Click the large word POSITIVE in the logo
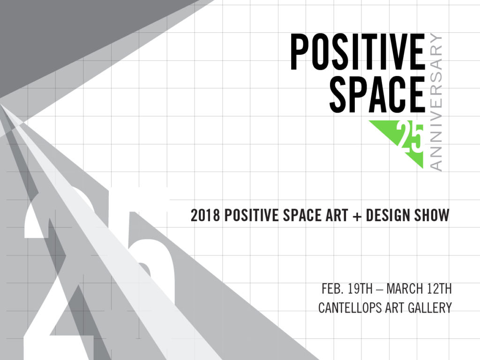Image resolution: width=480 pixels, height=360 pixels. click(358, 52)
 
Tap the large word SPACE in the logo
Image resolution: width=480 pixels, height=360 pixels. click(377, 94)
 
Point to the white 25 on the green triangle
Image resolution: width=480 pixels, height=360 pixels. click(410, 138)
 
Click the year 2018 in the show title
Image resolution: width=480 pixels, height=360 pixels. click(205, 215)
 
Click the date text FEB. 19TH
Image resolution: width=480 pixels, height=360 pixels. click(347, 289)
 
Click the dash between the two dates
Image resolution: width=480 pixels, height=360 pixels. click(379, 289)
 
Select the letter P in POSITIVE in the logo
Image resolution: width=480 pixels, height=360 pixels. click(299, 52)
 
